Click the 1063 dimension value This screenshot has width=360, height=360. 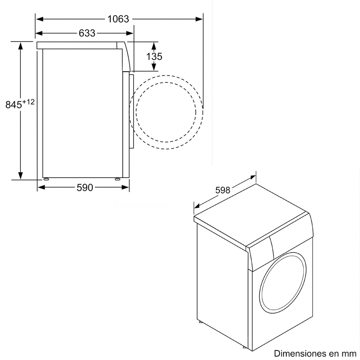point(118,19)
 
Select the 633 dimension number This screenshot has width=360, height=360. point(87,33)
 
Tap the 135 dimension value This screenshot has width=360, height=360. point(154,56)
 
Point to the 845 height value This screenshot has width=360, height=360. point(13,104)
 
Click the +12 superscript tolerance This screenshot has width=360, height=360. point(28,102)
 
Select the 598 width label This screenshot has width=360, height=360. point(223,190)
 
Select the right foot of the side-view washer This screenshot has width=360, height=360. point(118,178)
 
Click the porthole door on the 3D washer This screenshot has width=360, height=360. point(282,283)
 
